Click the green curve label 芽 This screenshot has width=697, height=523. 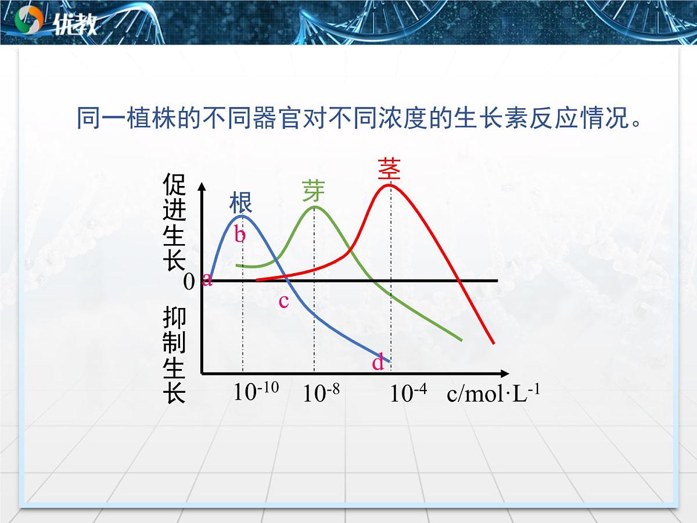tap(314, 191)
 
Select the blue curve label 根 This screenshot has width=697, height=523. tap(240, 203)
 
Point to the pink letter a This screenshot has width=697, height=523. tap(207, 280)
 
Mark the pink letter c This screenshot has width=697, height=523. tap(283, 301)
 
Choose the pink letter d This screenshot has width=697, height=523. tap(378, 363)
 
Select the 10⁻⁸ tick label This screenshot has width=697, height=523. tap(321, 393)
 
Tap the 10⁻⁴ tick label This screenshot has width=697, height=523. tap(408, 393)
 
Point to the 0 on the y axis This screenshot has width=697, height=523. tap(189, 282)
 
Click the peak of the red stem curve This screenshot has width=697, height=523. tap(389, 185)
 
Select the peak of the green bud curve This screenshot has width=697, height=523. tap(314, 206)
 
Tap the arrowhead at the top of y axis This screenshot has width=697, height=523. tap(202, 186)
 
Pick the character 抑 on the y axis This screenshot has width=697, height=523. tap(174, 317)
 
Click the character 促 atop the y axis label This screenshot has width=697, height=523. tap(174, 185)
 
